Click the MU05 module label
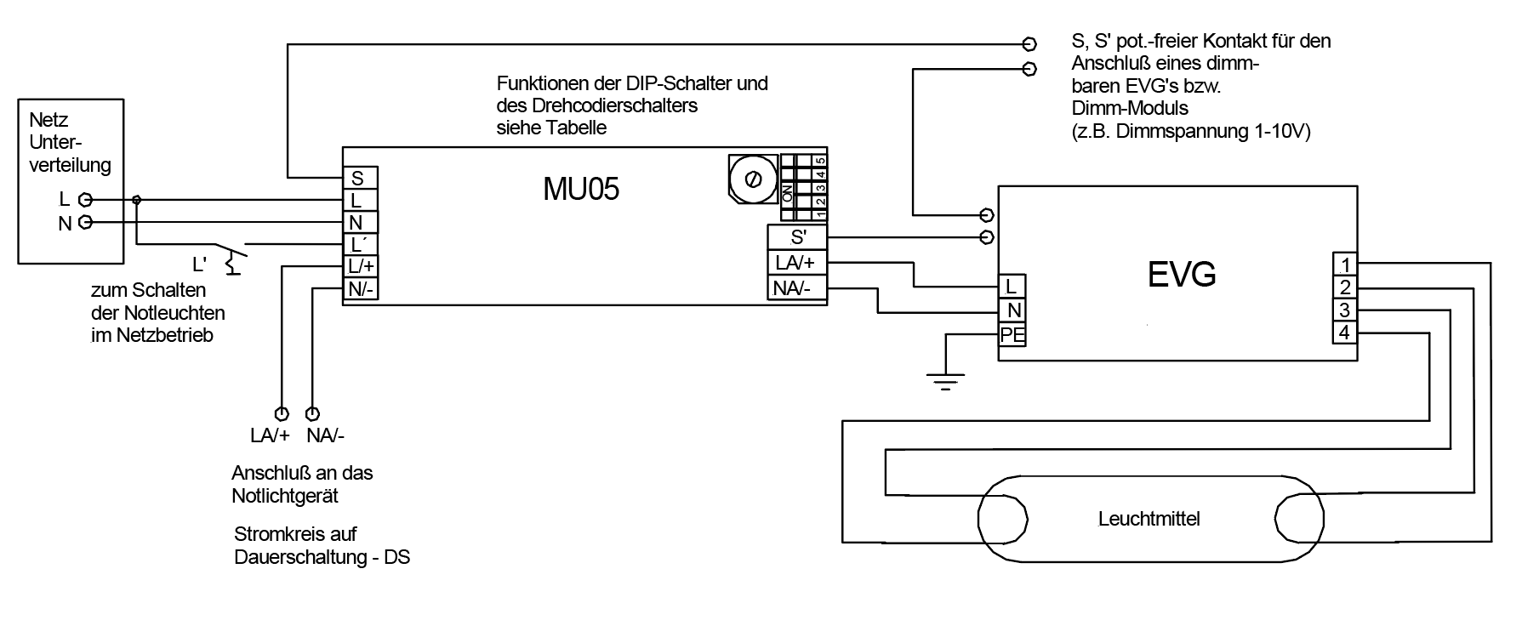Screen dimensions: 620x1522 pos(581,189)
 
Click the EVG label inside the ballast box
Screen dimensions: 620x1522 pos(1182,274)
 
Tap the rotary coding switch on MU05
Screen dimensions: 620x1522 pos(752,179)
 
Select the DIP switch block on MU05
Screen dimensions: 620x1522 pos(804,185)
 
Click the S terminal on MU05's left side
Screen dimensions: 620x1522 pos(358,179)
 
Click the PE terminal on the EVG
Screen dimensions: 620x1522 pos(1012,335)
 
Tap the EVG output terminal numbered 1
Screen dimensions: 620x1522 pos(1344,264)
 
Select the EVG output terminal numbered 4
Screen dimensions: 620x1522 pos(1344,333)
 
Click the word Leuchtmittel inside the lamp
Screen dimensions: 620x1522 pos(1149,519)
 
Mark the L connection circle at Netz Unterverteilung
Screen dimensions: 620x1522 pos(84,200)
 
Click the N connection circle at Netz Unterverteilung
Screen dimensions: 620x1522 pos(84,223)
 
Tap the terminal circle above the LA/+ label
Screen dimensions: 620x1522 pos(281,414)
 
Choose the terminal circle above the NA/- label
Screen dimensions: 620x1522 pos(313,414)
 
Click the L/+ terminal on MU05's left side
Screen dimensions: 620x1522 pos(361,266)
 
